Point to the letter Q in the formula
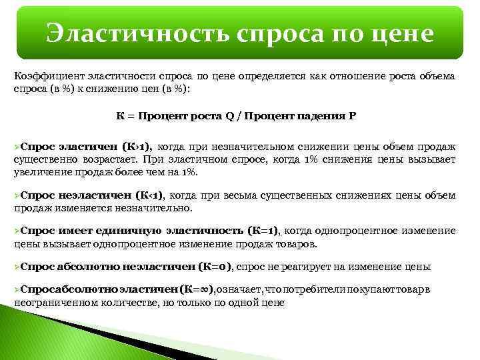coord(229,115)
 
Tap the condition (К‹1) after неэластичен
coord(149,195)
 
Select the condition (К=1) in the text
coord(263,231)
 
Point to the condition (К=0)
coord(215,267)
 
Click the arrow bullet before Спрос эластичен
coord(17,147)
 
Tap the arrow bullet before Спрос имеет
coord(17,231)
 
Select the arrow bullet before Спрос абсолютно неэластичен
coord(17,267)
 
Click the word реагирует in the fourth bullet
coord(293,267)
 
